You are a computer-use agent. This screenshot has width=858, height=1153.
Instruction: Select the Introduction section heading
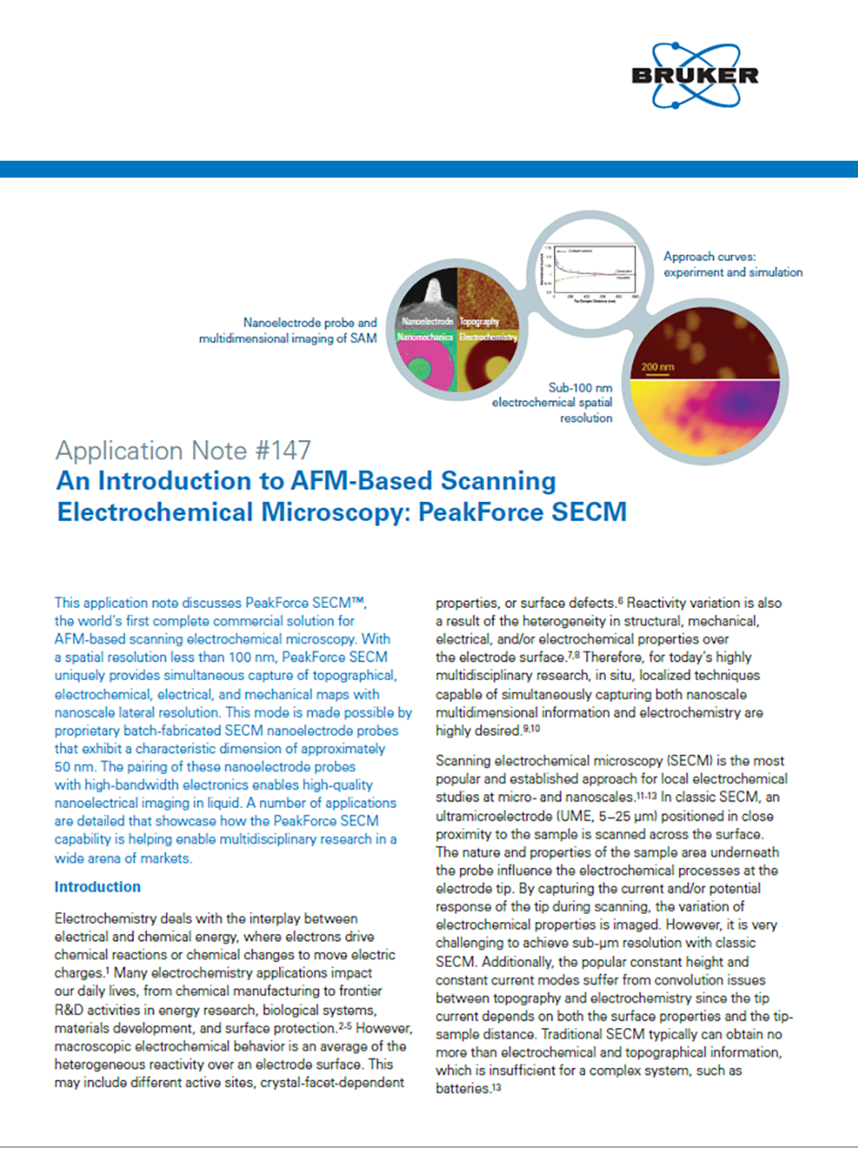coord(98,886)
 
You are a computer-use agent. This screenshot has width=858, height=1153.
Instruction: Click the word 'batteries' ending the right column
coord(459,1088)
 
